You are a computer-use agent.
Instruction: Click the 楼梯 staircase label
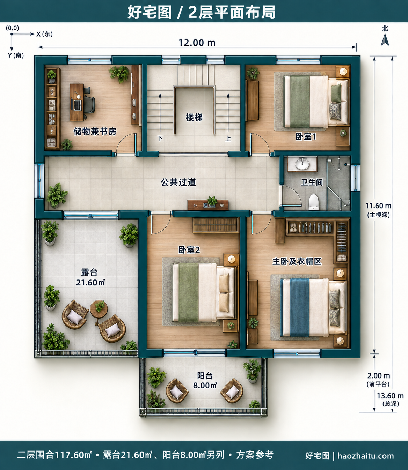194,118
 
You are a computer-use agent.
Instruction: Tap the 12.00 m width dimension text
197,43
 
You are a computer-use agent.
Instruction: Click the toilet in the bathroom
314,202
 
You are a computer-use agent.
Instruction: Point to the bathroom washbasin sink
302,164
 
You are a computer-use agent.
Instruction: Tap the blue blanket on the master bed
300,307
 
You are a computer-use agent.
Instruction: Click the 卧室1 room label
306,137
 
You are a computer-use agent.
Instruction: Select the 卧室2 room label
189,250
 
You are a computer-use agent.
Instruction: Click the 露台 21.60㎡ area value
90,283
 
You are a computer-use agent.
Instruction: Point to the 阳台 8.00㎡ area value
205,386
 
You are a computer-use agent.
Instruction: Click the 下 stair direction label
160,139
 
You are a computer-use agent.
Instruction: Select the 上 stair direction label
228,139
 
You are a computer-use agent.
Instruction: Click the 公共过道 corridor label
178,182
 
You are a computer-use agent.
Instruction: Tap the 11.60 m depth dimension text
378,206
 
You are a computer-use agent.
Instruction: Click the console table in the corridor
208,205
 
